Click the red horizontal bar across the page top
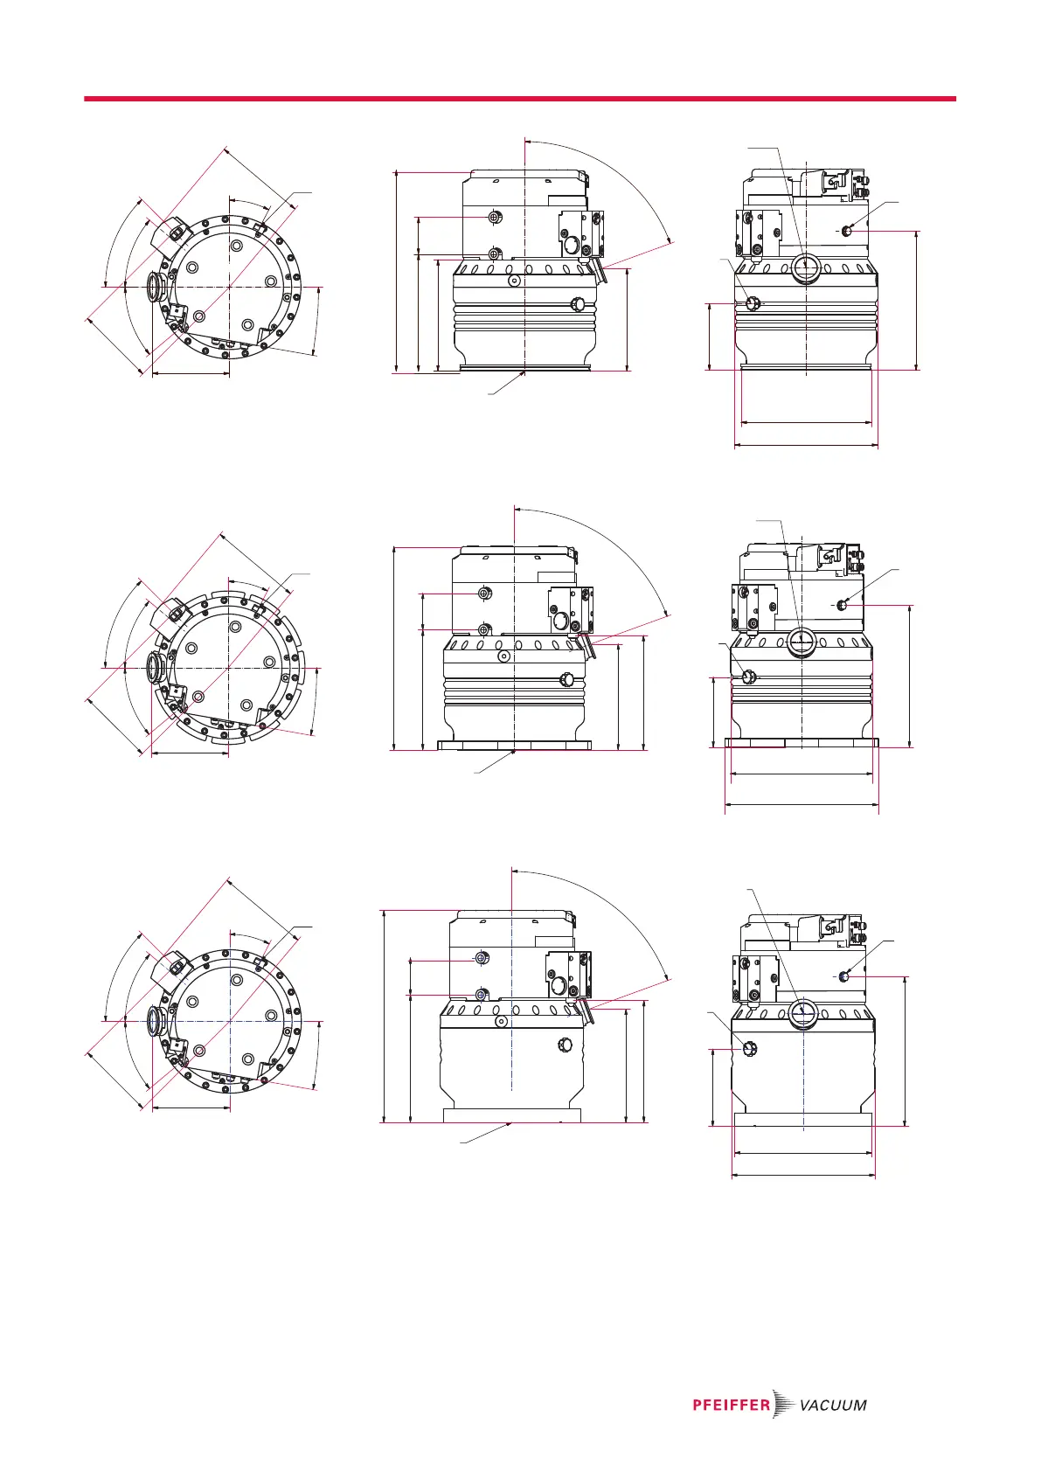click(519, 99)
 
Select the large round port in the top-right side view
click(805, 267)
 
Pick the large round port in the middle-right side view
click(802, 642)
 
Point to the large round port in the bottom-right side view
click(802, 1014)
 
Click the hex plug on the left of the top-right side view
click(752, 303)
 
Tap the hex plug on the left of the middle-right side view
click(748, 677)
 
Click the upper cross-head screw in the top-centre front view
click(496, 217)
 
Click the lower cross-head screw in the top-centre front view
click(496, 254)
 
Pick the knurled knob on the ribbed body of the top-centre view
click(577, 304)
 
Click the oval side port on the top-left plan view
click(156, 287)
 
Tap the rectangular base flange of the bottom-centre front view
click(512, 1115)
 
